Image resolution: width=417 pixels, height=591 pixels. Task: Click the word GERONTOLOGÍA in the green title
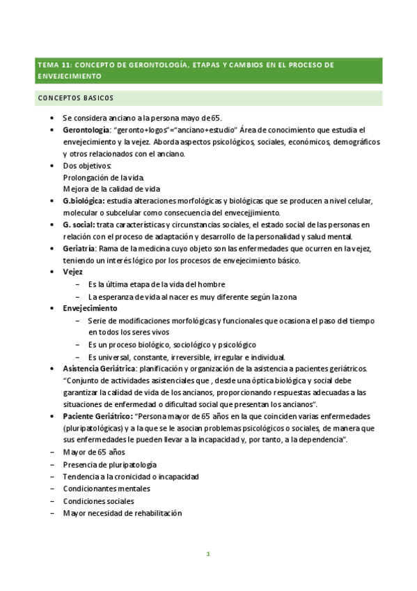point(154,64)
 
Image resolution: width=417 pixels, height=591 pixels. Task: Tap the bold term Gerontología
point(86,130)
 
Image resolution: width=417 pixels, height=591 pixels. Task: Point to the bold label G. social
point(78,224)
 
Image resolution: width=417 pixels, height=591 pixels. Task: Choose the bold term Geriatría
point(79,249)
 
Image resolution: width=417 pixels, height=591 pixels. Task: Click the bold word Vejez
point(73,273)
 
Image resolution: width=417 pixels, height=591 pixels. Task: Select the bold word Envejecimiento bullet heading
point(90,308)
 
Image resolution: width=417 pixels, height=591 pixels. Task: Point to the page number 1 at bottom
point(207,554)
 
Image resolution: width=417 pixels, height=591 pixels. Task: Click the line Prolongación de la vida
point(103,177)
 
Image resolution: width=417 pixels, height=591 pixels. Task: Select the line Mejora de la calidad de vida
point(111,189)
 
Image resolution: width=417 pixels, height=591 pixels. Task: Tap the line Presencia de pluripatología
point(109,464)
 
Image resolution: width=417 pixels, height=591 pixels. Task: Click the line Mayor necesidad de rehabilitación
point(122,513)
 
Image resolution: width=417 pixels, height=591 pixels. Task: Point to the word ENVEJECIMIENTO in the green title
point(70,76)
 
